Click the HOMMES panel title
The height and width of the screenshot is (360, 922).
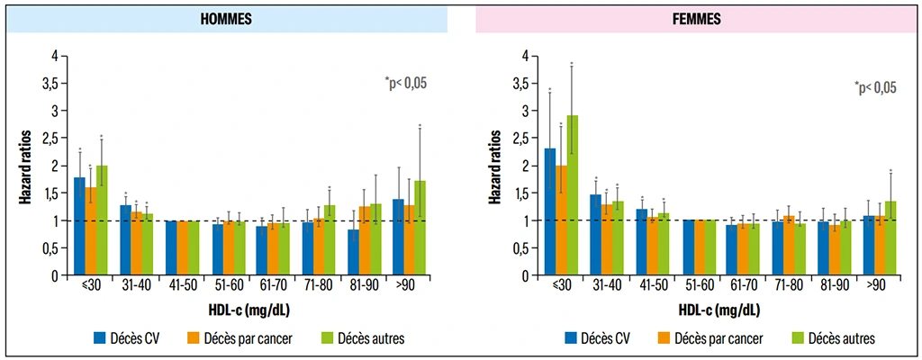[228, 18]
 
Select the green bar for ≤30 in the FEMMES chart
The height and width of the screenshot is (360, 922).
[572, 194]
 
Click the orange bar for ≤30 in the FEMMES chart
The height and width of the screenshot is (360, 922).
[561, 220]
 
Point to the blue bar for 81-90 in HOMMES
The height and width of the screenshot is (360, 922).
[353, 253]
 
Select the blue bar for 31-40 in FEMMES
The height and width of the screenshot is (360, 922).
[595, 235]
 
